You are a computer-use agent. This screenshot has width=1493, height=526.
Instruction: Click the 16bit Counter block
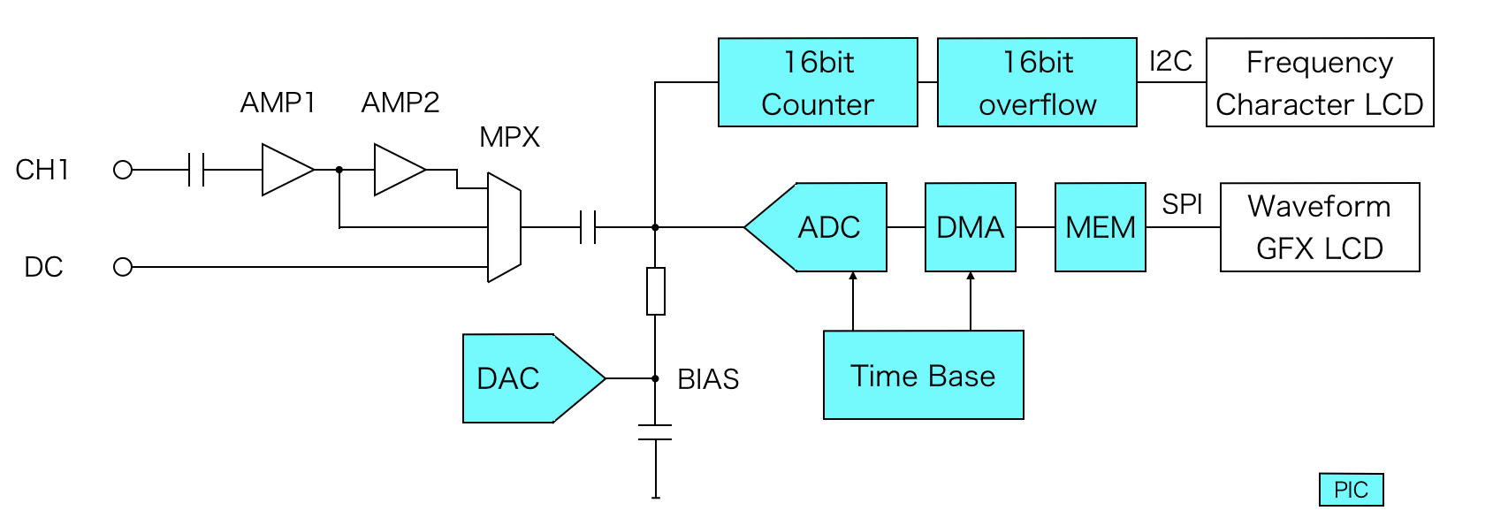(818, 82)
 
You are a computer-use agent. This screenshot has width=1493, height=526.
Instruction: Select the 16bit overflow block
(1037, 82)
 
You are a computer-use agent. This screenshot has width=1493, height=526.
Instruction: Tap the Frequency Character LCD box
(1319, 82)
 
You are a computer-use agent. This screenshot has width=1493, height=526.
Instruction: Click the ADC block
(822, 227)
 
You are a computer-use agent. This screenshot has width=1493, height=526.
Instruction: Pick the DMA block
(970, 227)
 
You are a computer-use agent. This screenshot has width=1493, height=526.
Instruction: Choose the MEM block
(1100, 227)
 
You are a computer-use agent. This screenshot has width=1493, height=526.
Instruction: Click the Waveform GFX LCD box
(1319, 227)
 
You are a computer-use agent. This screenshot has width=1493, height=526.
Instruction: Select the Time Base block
(923, 375)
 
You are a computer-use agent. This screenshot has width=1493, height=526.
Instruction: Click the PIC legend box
(1351, 490)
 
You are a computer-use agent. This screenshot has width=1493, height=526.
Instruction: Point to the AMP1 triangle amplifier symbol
(285, 170)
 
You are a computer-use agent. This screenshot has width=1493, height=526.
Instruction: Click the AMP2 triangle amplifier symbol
(397, 170)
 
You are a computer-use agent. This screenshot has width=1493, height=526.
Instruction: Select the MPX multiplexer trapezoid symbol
(504, 227)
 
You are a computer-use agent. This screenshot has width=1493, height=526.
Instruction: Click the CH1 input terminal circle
(123, 170)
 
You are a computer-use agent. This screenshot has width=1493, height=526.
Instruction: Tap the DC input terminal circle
(123, 267)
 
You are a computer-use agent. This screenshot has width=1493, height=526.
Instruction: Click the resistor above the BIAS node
(655, 291)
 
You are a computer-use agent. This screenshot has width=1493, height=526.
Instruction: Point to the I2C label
(1169, 61)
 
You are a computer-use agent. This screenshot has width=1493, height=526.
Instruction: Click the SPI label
(1182, 204)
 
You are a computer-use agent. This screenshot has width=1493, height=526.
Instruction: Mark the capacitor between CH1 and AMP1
(196, 170)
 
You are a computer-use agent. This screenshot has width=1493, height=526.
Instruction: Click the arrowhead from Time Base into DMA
(971, 277)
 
